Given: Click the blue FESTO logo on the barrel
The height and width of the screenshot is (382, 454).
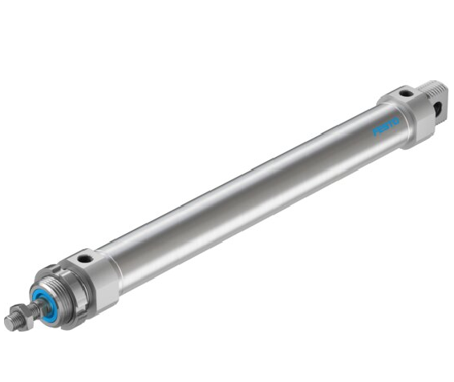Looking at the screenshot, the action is [386, 126].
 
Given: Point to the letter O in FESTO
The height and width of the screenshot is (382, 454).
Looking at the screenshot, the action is [395, 121].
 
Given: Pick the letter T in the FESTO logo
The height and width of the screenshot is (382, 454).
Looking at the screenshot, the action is [391, 123].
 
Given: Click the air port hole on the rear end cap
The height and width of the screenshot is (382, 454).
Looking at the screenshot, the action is [403, 93].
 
